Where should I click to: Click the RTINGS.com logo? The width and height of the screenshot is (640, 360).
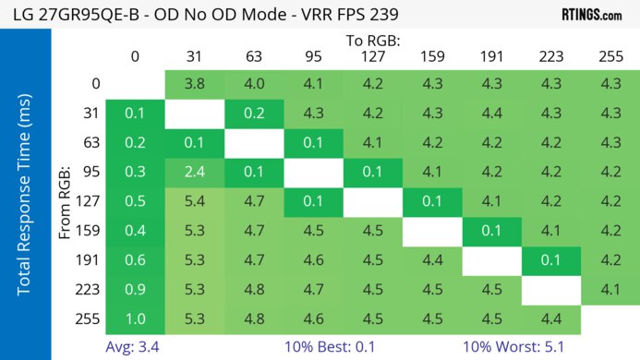[x=591, y=15]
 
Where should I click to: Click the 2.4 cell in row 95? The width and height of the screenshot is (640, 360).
[x=195, y=172]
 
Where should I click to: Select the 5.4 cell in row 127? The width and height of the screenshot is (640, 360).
[x=195, y=200]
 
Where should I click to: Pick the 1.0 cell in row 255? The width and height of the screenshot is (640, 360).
[x=135, y=320]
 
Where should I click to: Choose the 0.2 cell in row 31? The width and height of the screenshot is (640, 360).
[x=254, y=114]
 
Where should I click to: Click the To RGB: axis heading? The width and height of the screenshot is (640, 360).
[x=373, y=41]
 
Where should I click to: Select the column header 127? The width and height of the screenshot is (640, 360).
[x=373, y=56]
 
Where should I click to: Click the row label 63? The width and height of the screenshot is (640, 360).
[x=90, y=143]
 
